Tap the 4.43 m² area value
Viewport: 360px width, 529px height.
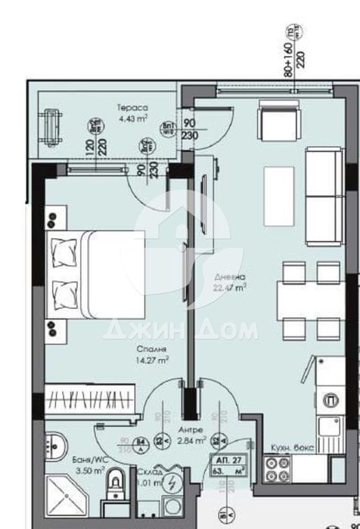click(133, 118)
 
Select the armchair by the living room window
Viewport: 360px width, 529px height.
click(272, 119)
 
